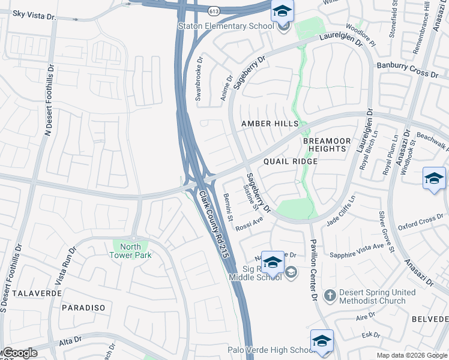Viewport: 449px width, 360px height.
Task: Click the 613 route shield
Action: [x=214, y=11]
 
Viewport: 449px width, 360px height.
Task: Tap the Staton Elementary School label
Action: [x=226, y=26]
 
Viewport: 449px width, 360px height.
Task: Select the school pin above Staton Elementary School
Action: [x=282, y=11]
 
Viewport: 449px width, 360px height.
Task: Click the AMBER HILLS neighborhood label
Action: [x=270, y=124]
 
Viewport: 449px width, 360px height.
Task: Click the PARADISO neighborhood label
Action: [x=83, y=307]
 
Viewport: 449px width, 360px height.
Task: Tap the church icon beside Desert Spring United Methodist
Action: [x=330, y=295]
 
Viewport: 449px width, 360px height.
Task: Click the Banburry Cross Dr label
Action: [x=408, y=70]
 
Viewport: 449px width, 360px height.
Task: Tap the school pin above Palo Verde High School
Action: [x=322, y=340]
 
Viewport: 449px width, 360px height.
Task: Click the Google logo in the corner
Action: [x=20, y=353]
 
